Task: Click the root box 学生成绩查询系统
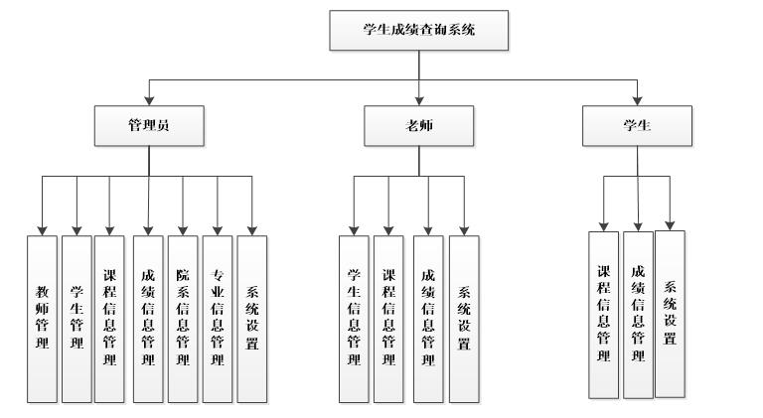418,31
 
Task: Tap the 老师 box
419,126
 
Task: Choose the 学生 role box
636,126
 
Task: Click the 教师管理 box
42,318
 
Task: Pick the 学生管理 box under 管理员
76,318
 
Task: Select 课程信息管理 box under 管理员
109,318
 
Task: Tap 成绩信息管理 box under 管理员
148,318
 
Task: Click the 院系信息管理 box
183,318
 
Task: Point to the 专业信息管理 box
218,318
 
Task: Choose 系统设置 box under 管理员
252,318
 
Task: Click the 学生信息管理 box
354,318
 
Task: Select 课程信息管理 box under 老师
389,318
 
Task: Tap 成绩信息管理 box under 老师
427,318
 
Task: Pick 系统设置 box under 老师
463,318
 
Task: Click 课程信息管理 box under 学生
603,314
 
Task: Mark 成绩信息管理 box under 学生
638,314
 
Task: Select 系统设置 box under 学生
671,312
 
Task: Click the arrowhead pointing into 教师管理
42,230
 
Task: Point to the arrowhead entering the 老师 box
419,102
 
